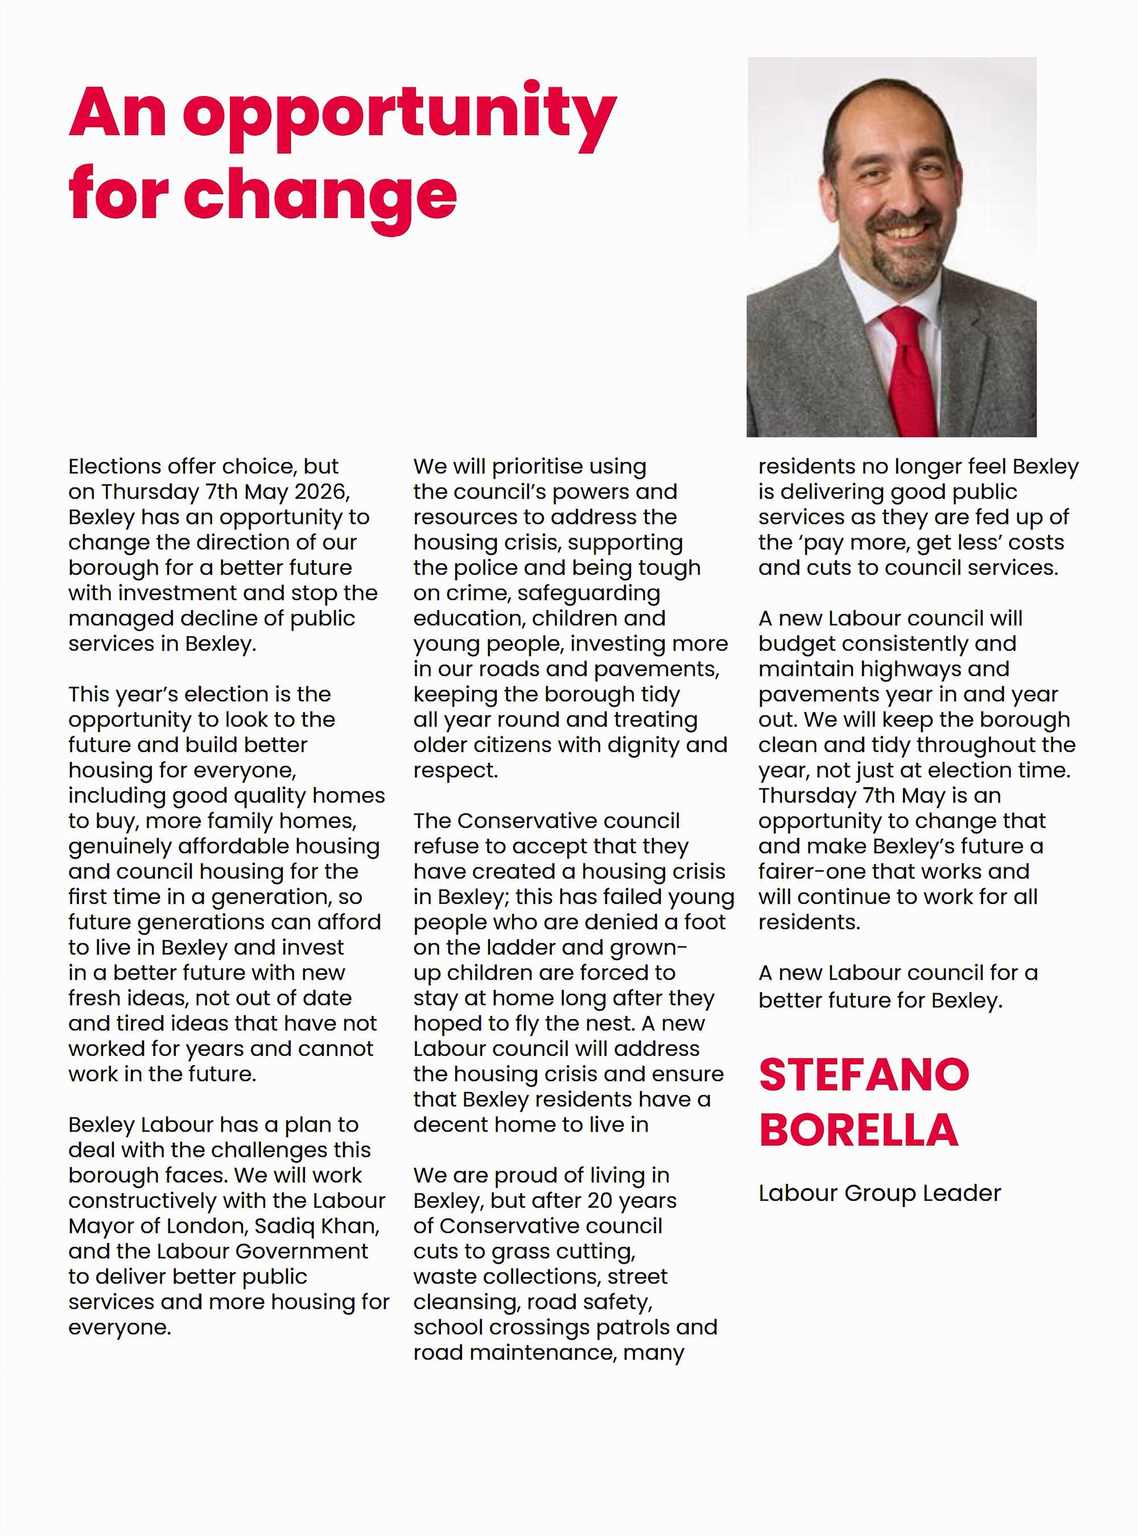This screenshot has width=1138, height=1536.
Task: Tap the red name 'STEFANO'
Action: tap(864, 1075)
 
